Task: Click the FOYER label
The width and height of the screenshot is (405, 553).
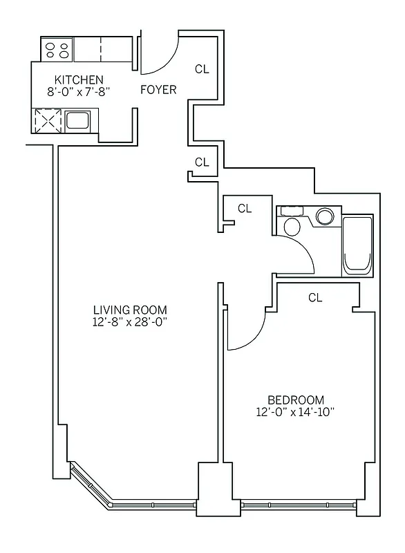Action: click(158, 90)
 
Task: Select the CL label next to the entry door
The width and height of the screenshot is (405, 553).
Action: click(202, 68)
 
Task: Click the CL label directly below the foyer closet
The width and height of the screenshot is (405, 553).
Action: click(202, 162)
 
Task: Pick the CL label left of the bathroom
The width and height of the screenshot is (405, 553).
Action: click(245, 207)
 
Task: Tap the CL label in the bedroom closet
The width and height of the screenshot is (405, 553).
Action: click(316, 298)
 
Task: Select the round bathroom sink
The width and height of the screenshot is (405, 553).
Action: click(325, 217)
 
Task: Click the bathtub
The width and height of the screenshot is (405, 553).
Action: click(358, 245)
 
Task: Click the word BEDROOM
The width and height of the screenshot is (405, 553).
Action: click(296, 400)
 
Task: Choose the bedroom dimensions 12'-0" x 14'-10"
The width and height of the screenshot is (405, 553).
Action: click(296, 412)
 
